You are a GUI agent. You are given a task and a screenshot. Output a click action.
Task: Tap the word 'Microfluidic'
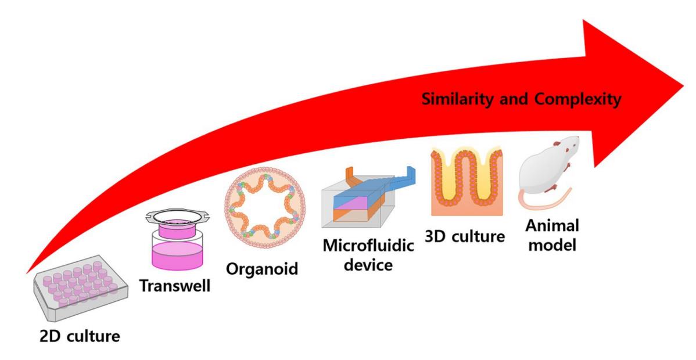(x=368, y=246)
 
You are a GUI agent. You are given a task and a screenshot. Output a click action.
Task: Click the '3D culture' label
(x=465, y=236)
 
